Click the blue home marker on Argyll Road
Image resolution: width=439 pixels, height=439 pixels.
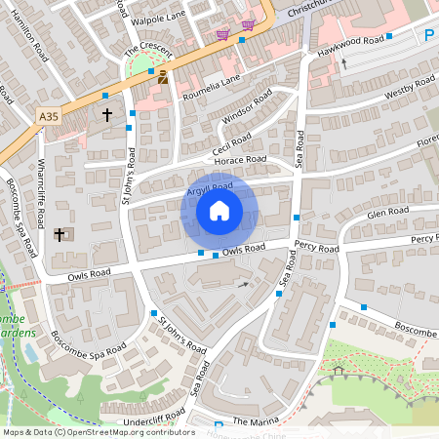[219, 211]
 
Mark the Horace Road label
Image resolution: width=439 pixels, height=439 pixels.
[243, 160]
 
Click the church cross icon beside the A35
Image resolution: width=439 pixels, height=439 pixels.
[106, 116]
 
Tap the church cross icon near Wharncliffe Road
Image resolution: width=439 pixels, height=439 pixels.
[60, 235]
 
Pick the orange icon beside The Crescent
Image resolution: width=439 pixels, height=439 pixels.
[162, 78]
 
